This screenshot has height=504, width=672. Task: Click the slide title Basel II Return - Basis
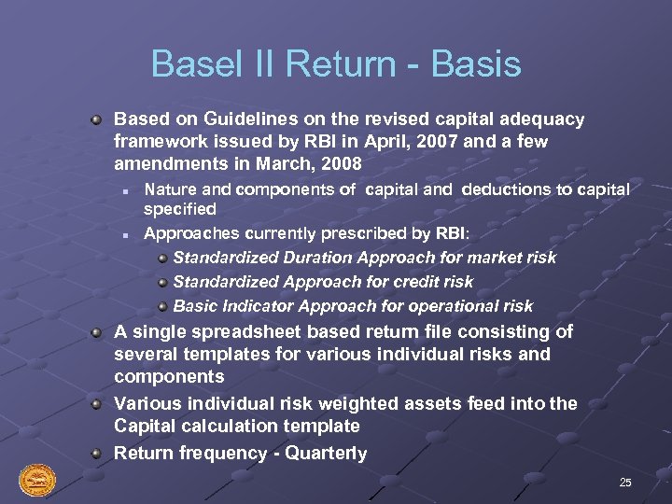336,64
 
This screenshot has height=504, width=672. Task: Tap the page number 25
625,483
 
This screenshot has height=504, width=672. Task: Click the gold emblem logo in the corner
37,481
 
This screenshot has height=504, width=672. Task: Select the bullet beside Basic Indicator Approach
162,306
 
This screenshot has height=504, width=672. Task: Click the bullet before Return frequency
96,454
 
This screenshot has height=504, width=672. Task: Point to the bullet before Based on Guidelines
96,119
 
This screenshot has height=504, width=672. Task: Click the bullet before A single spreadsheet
96,332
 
